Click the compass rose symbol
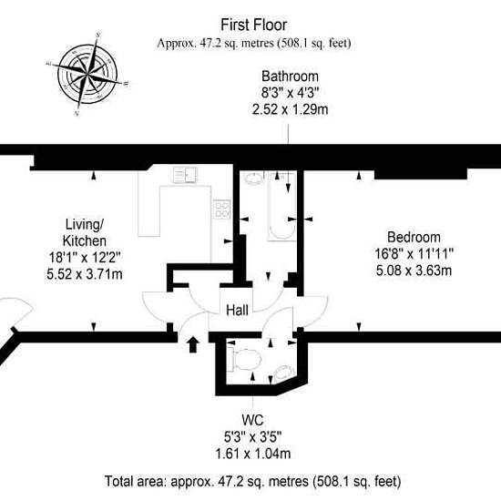click(87, 75)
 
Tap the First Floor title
click(254, 25)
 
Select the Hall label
click(237, 311)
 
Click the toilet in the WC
click(245, 360)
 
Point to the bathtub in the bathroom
click(281, 206)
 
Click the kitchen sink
click(185, 175)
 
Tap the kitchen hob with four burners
click(221, 210)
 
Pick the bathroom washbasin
click(254, 178)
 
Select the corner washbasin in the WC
click(283, 373)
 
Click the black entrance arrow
click(193, 344)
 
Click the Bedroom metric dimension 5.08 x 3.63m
click(414, 271)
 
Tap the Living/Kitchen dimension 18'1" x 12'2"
click(85, 257)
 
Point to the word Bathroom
click(290, 77)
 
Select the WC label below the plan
click(252, 420)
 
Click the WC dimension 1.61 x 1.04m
click(253, 454)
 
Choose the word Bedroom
click(414, 237)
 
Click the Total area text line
click(252, 481)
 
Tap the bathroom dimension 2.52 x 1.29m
click(290, 109)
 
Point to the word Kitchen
click(85, 240)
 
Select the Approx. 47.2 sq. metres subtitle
click(254, 43)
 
